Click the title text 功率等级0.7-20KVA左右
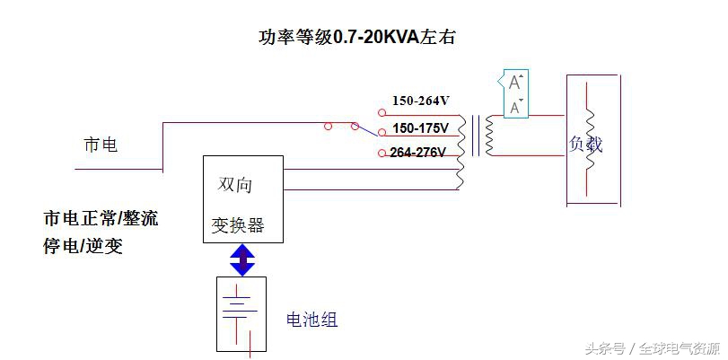[x=359, y=37]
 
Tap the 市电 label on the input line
[x=101, y=145]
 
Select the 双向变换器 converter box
[x=243, y=198]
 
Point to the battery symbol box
[x=241, y=313]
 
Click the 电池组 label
[x=311, y=320]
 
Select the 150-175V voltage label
[x=420, y=128]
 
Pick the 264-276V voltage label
[x=418, y=153]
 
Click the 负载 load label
[x=585, y=144]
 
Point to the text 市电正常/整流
[x=101, y=218]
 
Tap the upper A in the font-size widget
[x=515, y=83]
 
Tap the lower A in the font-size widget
[x=515, y=108]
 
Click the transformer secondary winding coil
[x=489, y=136]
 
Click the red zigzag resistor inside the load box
[x=590, y=139]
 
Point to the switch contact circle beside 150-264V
[x=382, y=113]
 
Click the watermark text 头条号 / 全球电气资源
[x=652, y=347]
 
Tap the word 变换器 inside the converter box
[x=238, y=224]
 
